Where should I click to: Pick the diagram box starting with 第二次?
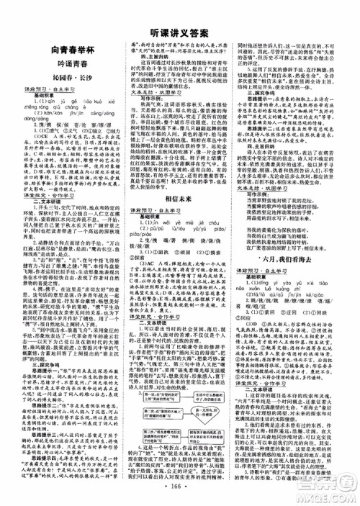click(148, 417)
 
